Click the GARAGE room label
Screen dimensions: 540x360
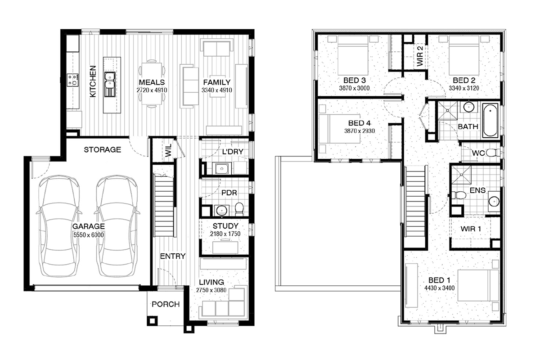(x=89, y=226)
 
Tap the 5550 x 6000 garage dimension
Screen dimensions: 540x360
(x=89, y=235)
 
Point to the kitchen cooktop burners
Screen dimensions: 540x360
(x=72, y=80)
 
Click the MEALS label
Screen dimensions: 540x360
(x=152, y=82)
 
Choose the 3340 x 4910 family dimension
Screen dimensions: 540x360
(x=217, y=90)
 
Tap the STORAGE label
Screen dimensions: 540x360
(x=103, y=150)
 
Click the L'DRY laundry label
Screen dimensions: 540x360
(x=233, y=152)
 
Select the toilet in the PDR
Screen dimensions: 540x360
(x=239, y=209)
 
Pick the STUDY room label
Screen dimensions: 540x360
(x=225, y=226)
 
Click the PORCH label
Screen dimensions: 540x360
(x=166, y=304)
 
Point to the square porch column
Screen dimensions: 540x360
(x=153, y=321)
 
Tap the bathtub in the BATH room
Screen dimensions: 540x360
(x=490, y=120)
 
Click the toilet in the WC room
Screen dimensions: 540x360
(x=492, y=153)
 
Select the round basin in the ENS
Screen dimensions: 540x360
(x=494, y=201)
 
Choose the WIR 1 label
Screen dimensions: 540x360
(x=471, y=229)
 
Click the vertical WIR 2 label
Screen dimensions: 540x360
(x=420, y=56)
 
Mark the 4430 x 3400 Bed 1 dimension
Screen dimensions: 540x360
(x=440, y=288)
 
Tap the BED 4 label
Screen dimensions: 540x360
(x=360, y=123)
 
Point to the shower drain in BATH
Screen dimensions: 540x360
(x=448, y=111)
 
